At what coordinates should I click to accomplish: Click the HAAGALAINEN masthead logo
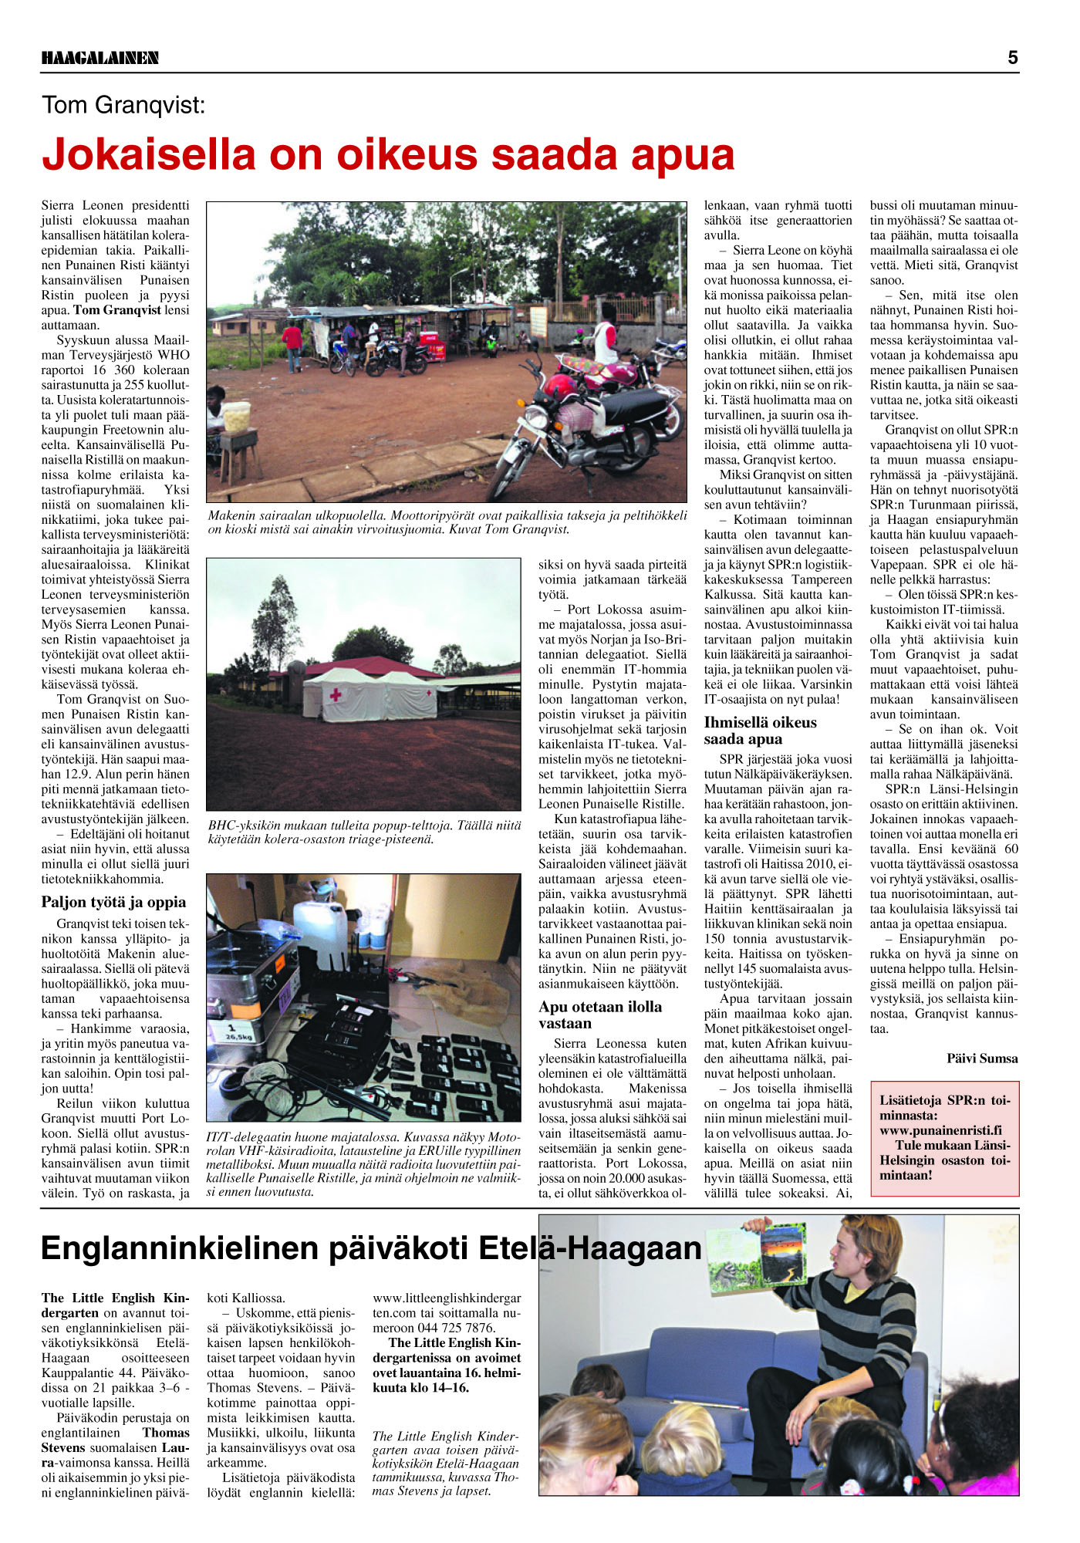(x=100, y=58)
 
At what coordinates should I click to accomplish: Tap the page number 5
(x=1012, y=57)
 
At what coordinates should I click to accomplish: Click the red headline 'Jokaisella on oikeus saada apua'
(x=388, y=154)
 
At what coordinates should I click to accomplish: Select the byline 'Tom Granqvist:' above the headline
(x=123, y=105)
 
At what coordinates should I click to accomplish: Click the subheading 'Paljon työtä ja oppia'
(x=113, y=902)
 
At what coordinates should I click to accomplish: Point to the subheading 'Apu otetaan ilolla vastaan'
(x=600, y=1015)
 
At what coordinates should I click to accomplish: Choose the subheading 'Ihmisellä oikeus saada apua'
(x=760, y=730)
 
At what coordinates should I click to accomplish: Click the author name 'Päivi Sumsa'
(x=982, y=1058)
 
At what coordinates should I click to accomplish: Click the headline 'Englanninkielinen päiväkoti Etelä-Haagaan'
(x=370, y=1248)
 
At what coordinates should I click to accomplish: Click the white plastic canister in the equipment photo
(x=321, y=930)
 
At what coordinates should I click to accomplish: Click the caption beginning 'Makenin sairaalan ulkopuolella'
(x=447, y=522)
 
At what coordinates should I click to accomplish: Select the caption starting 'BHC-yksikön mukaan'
(x=364, y=832)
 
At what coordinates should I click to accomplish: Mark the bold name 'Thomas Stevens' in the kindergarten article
(x=116, y=1440)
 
